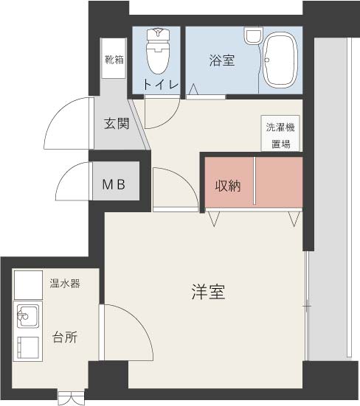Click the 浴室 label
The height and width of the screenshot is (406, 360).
(222, 60)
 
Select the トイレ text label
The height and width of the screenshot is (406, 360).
(161, 84)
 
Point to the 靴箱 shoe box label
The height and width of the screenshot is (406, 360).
(114, 60)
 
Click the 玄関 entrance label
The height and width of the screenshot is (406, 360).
(117, 123)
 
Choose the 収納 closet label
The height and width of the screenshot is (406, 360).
(229, 185)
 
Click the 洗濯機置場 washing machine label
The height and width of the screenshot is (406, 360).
(280, 135)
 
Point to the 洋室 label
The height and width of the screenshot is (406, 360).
(208, 292)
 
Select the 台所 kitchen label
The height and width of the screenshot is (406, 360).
(65, 337)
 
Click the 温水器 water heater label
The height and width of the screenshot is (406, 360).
(65, 283)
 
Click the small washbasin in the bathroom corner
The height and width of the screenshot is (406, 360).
(253, 35)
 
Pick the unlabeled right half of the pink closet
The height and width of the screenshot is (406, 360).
(278, 182)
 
